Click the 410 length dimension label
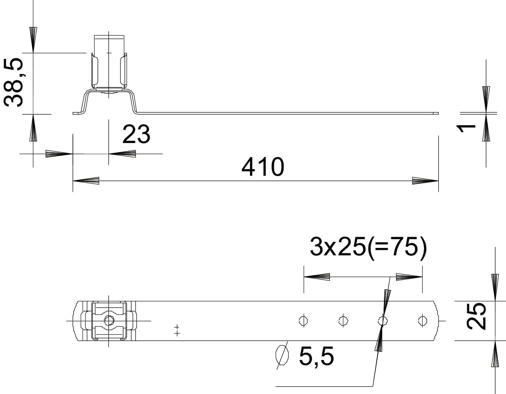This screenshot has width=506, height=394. click(x=263, y=167)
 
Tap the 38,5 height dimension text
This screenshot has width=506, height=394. click(x=13, y=82)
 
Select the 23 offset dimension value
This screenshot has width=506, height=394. click(x=136, y=134)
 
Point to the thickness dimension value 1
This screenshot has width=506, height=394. click(x=466, y=129)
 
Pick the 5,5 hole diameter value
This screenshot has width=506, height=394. click(x=316, y=356)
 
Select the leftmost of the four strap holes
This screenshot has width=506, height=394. click(x=303, y=321)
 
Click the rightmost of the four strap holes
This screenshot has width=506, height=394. click(x=423, y=321)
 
